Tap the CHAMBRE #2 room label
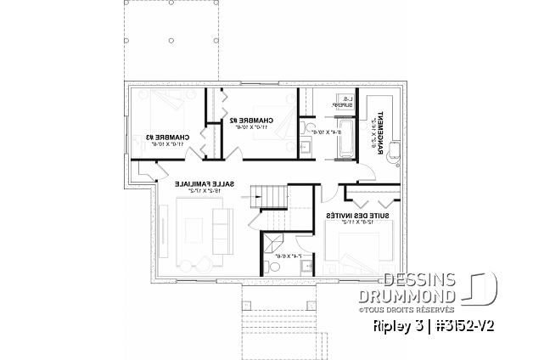(x=252, y=121)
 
